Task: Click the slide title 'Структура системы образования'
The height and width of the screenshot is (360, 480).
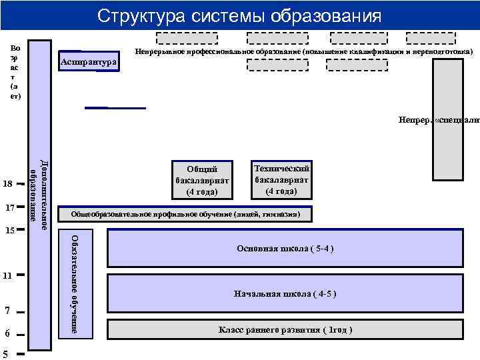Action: coord(239,15)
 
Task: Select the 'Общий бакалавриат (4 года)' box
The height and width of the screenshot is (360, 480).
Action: coord(202,179)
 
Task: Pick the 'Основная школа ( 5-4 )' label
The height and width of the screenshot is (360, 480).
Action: coord(285,249)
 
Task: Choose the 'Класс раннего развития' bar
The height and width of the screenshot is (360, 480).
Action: coord(285,330)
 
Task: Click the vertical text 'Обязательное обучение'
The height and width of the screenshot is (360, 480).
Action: coord(75,283)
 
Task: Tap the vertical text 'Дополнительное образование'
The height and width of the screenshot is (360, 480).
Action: coord(40,194)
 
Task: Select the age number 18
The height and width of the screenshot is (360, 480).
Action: coord(8,183)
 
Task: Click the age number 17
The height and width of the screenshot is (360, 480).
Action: coord(9,207)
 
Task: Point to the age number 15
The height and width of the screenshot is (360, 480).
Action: coord(9,231)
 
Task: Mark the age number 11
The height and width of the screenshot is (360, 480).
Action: coord(8,275)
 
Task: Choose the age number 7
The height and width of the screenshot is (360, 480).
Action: coord(6,310)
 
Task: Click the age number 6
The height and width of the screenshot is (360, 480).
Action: coord(6,333)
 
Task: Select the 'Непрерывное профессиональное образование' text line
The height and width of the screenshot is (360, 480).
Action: coord(303,51)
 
